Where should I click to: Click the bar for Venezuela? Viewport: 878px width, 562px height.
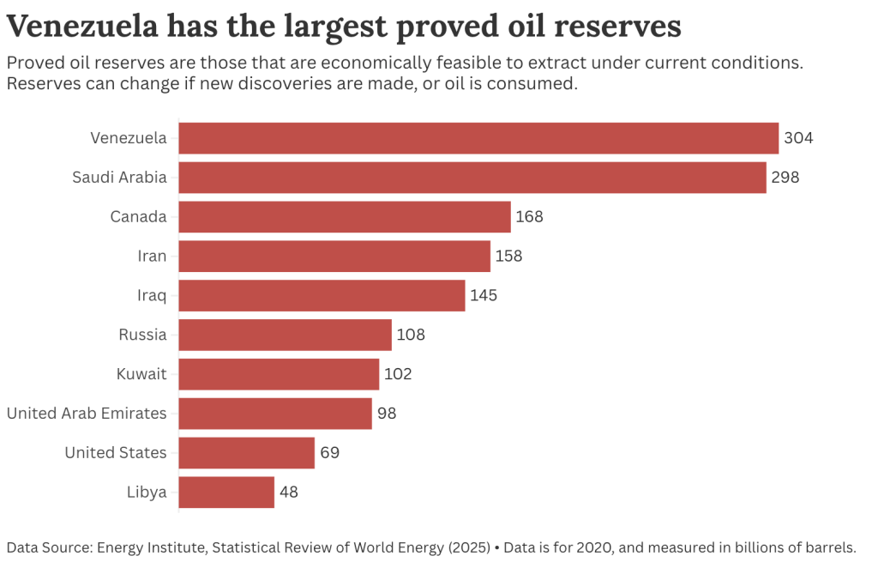click(478, 138)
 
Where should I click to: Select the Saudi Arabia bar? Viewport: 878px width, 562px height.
click(472, 178)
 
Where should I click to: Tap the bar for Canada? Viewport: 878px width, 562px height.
click(345, 217)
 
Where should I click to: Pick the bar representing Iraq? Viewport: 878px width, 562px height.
click(322, 295)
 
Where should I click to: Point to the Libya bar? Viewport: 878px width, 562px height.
click(226, 493)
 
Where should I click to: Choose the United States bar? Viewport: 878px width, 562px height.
click(247, 452)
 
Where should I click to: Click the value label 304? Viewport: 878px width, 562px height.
click(797, 138)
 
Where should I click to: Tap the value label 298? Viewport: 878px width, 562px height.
click(785, 178)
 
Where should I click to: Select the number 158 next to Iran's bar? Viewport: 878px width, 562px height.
click(508, 256)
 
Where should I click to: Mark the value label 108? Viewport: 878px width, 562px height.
click(411, 335)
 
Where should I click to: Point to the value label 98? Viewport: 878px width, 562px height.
click(387, 414)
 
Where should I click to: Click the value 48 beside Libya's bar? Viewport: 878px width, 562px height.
click(289, 493)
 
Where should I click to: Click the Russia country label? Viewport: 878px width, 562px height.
click(142, 335)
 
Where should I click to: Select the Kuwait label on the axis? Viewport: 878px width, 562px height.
click(141, 374)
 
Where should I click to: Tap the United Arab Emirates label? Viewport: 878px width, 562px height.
click(87, 414)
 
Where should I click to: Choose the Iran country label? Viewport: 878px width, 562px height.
click(152, 256)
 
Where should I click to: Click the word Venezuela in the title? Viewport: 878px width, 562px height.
click(82, 27)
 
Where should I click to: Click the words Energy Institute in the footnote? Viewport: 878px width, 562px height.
click(145, 547)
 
